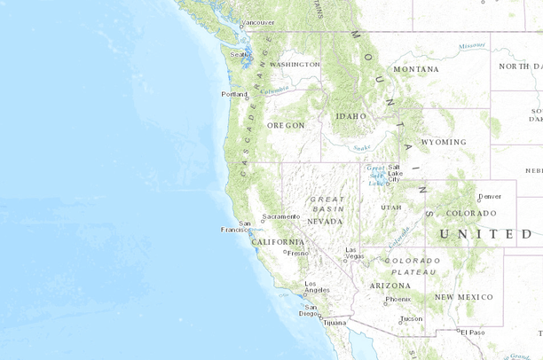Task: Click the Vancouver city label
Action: (258, 22)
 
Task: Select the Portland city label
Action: (234, 94)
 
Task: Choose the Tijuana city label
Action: (334, 323)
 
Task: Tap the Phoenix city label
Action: (398, 299)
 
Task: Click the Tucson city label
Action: (411, 318)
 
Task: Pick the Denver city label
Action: (489, 196)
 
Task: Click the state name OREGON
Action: (286, 125)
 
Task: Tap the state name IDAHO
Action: (350, 116)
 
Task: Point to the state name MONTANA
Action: (415, 69)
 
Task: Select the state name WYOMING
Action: (443, 142)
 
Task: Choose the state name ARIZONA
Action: (390, 285)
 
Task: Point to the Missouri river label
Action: (472, 45)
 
